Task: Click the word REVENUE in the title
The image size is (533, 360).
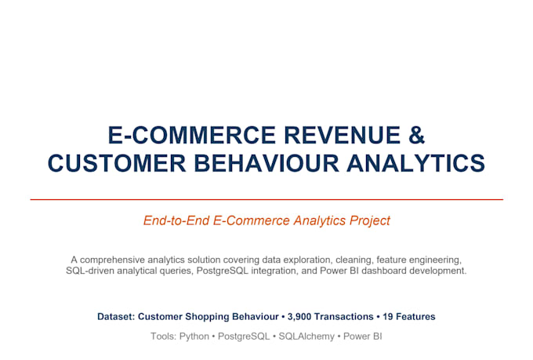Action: coord(343,135)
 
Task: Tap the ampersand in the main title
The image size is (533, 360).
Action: coord(417,135)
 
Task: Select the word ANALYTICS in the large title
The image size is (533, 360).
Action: coord(415,163)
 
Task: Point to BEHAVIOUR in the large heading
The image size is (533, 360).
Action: coord(266,163)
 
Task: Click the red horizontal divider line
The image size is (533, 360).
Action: coord(266,199)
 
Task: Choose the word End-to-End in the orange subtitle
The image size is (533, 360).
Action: coord(176,220)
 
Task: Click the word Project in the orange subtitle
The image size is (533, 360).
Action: coord(370,221)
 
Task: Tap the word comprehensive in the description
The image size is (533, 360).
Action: coord(112,260)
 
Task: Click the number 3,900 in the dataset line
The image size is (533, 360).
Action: coord(299,317)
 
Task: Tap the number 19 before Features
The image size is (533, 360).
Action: coord(388,317)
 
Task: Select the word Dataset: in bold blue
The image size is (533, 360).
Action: coord(116,317)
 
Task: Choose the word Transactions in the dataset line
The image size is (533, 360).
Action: coord(344,317)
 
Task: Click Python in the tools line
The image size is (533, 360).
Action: coord(194,336)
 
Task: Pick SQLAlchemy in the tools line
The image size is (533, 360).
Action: coord(306,336)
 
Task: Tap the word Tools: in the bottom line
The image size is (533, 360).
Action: coord(163,336)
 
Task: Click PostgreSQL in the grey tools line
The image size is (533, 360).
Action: coord(244,336)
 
